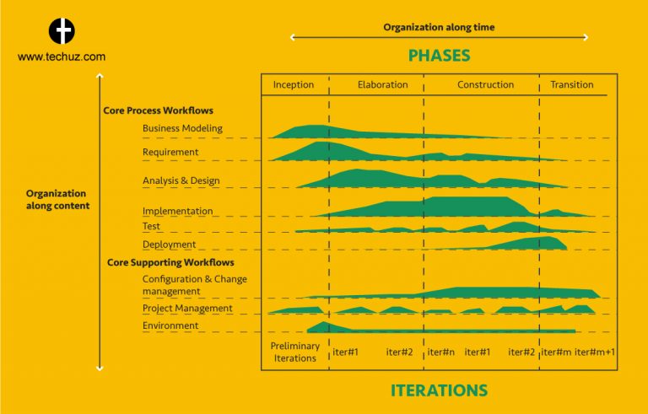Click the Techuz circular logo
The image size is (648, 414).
tap(61, 31)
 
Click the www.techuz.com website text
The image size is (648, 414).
tap(61, 57)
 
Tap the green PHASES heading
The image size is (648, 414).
tap(439, 56)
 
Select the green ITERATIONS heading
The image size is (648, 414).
tap(439, 390)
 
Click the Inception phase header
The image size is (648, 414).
tap(294, 85)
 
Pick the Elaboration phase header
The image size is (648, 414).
tap(382, 85)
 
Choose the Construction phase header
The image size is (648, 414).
tap(485, 85)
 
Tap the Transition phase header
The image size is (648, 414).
tap(571, 85)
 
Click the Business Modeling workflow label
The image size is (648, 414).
tap(182, 128)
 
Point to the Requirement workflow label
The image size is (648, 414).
tap(170, 152)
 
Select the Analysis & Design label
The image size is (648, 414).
tap(181, 180)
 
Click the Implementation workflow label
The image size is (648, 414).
tap(177, 211)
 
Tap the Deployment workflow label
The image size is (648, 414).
tap(169, 245)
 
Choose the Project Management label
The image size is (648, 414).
tap(187, 309)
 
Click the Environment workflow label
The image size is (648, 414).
tap(170, 325)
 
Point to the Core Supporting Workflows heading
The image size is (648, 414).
tap(170, 262)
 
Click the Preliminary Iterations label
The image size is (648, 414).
tap(294, 352)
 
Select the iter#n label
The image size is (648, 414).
tap(441, 352)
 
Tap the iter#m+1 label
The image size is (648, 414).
tap(594, 352)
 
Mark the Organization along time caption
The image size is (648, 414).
tap(439, 27)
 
